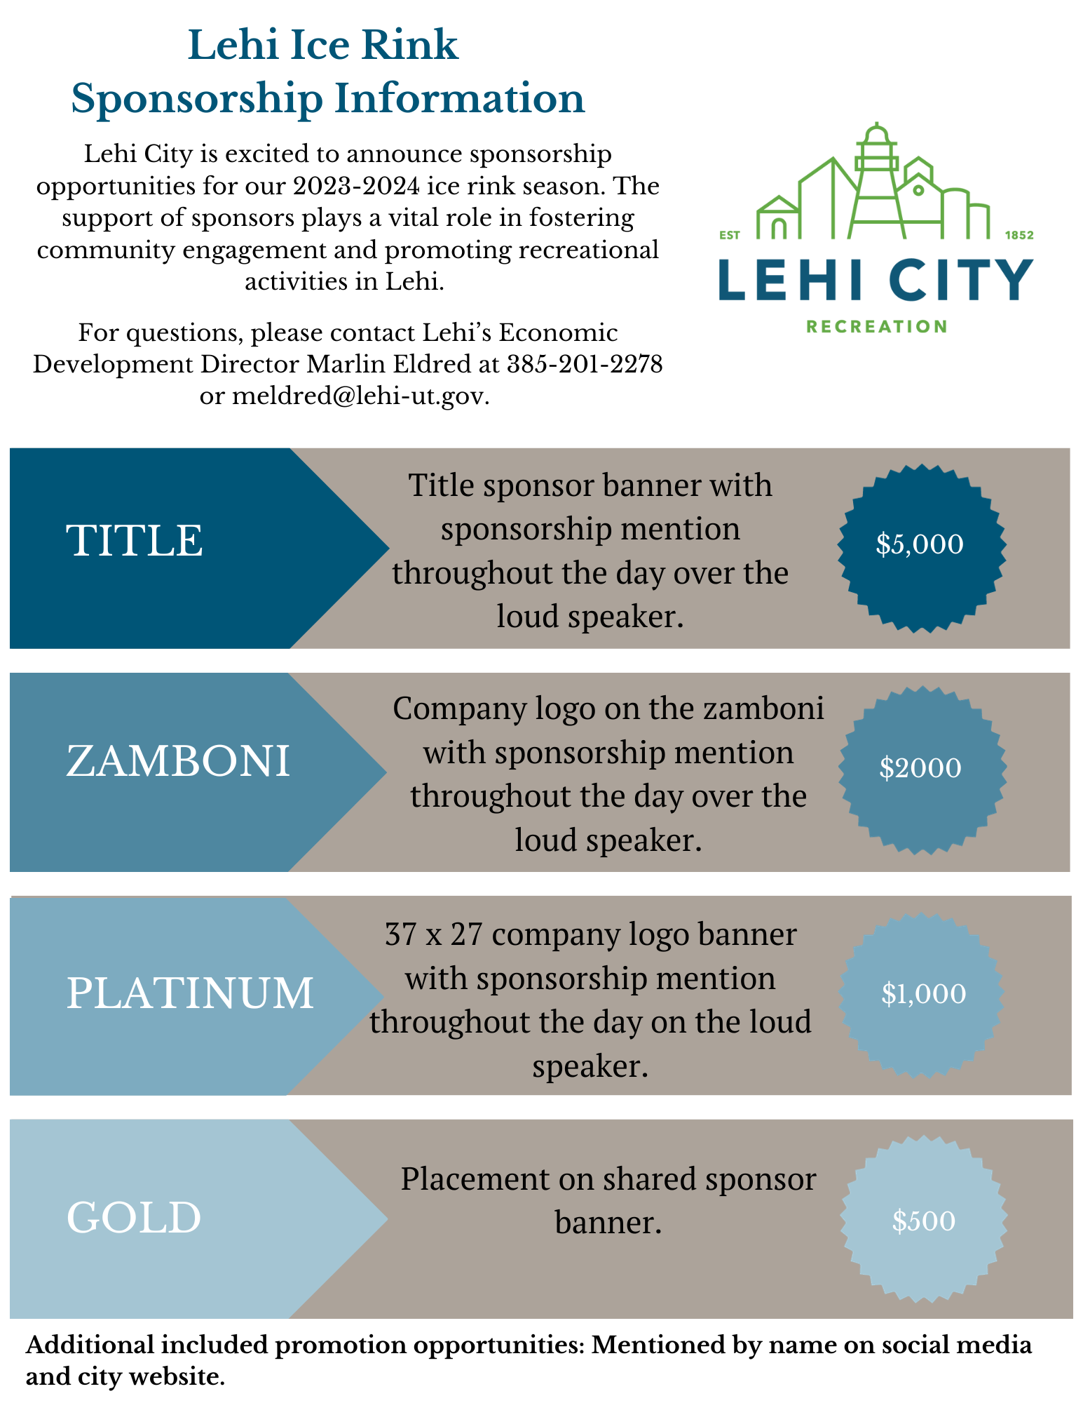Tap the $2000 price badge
click(921, 769)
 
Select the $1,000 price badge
click(922, 994)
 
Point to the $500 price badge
click(923, 1221)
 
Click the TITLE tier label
click(135, 541)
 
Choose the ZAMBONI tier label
click(178, 762)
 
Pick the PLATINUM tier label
click(190, 993)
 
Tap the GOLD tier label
click(134, 1218)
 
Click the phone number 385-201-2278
click(585, 364)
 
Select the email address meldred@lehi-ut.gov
click(360, 396)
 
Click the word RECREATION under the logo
click(876, 326)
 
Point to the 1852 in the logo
click(1019, 235)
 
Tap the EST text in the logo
click(730, 235)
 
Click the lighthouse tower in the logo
click(876, 182)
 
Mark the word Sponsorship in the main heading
click(196, 98)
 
